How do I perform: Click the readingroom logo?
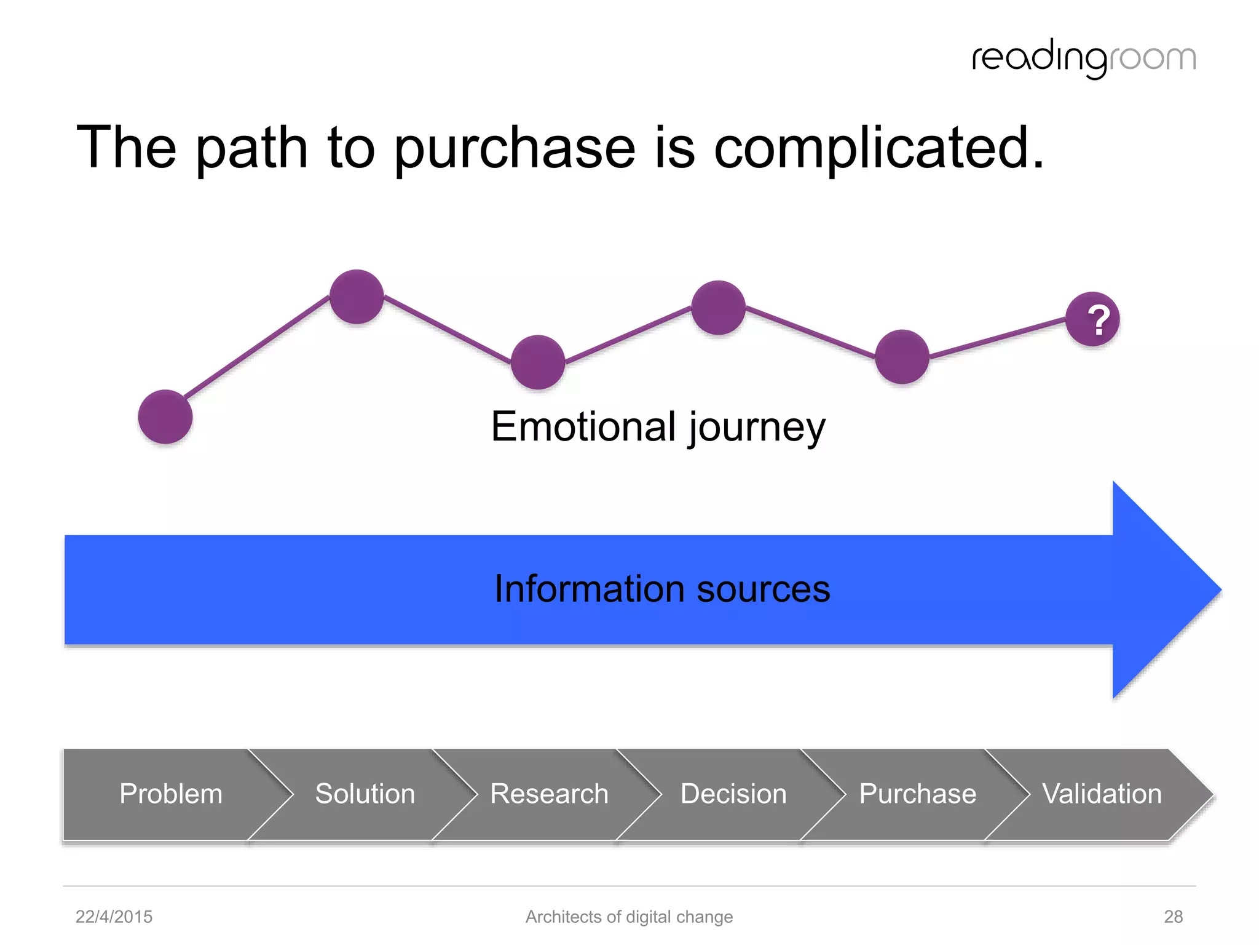coord(1083,58)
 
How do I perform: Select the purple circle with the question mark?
coord(1092,319)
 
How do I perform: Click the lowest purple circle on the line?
coord(165,417)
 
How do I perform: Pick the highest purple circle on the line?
coord(357,297)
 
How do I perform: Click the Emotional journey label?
coord(658,427)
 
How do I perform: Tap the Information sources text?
coord(662,589)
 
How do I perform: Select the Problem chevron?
coord(171,794)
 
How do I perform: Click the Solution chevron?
coord(365,794)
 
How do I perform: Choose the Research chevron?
coord(549,794)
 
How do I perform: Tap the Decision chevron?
coord(733,794)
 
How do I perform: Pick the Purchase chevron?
coord(917,794)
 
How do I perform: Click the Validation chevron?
coord(1102,794)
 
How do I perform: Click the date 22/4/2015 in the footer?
coord(114,917)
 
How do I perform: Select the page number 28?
coord(1173,917)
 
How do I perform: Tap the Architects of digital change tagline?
coord(629,917)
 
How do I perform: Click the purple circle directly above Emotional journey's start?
coord(538,362)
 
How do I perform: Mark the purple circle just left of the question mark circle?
coord(902,357)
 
